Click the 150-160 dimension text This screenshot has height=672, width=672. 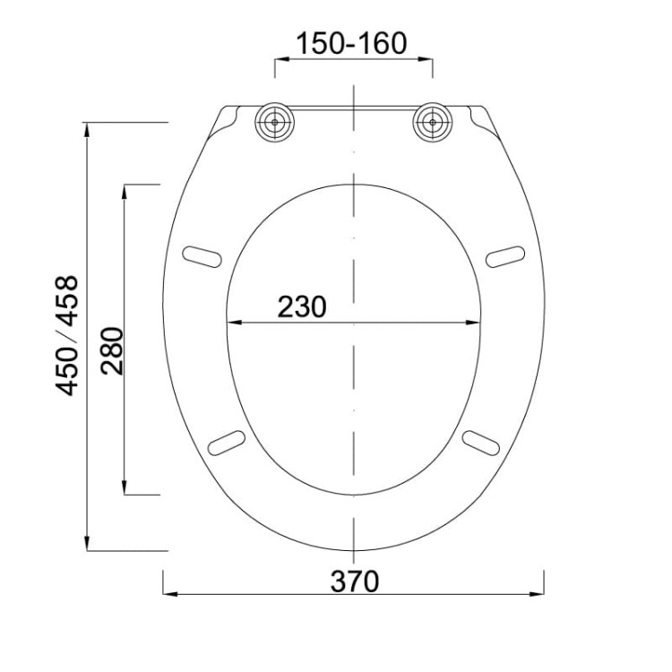click(x=352, y=43)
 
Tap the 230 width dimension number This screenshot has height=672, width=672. click(x=301, y=306)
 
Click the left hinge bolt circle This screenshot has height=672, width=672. click(x=274, y=121)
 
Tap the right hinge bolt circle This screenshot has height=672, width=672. click(x=433, y=121)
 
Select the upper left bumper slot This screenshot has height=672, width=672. click(x=202, y=256)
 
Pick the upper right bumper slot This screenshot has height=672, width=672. click(x=506, y=256)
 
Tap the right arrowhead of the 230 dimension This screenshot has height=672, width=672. click(x=478, y=323)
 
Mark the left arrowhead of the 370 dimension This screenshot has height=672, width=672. click(x=168, y=594)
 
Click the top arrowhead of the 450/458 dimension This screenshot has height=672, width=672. click(x=87, y=128)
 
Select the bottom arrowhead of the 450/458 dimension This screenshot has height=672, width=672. click(x=87, y=545)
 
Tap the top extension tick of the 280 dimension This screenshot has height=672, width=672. click(x=141, y=185)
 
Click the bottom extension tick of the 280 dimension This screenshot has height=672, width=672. click(x=141, y=494)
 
